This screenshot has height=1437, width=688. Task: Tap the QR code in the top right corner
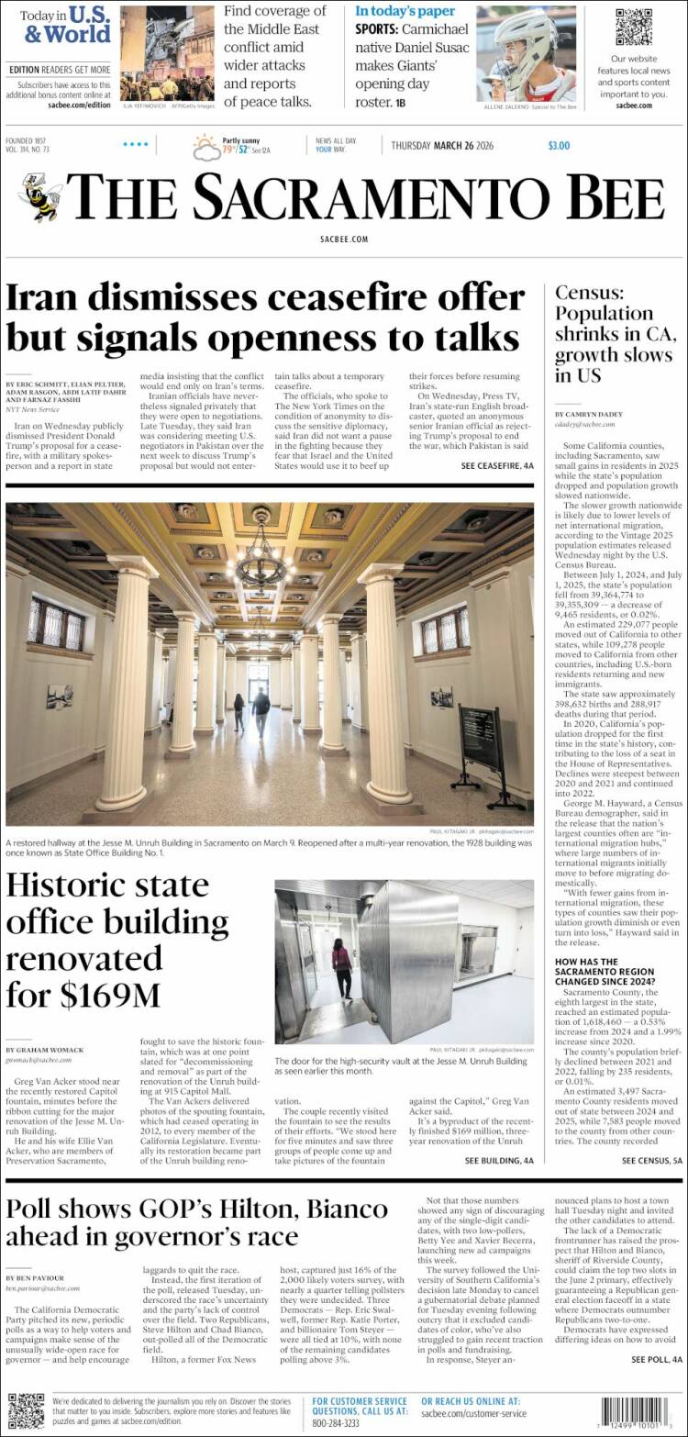pyautogui.click(x=633, y=27)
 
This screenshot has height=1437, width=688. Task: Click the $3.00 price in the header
pyautogui.click(x=559, y=145)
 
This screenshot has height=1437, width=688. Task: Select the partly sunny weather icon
pyautogui.click(x=205, y=147)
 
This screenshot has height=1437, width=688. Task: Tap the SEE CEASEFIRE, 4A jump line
pyautogui.click(x=496, y=466)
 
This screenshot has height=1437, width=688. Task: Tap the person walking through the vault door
pyautogui.click(x=341, y=967)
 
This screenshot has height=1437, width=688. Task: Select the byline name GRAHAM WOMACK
pyautogui.click(x=44, y=1049)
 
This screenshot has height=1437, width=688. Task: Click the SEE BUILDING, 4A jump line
pyautogui.click(x=499, y=1161)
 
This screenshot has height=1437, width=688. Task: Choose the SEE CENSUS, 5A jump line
pyautogui.click(x=652, y=1161)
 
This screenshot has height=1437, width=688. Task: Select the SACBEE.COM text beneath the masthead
pyautogui.click(x=344, y=239)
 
